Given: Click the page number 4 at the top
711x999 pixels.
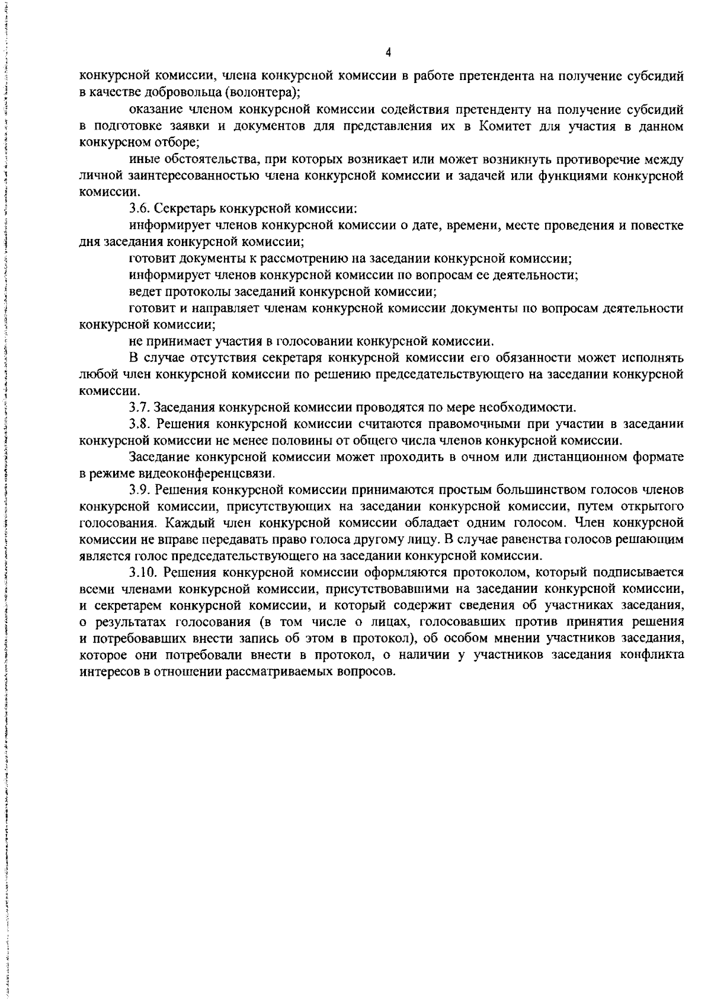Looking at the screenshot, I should [x=388, y=53].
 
